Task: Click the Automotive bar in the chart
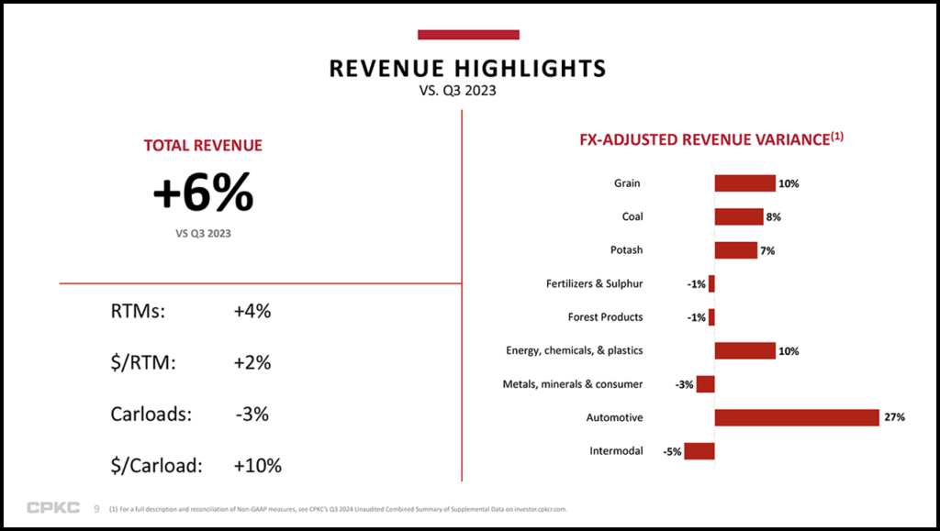tap(797, 417)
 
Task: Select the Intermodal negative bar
tap(699, 451)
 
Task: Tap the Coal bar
tap(739, 216)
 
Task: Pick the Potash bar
tap(736, 250)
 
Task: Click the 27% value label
tap(895, 417)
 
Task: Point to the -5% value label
tap(671, 451)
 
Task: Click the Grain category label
tap(628, 183)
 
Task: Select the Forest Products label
tap(605, 317)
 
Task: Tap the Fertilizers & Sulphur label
tap(594, 283)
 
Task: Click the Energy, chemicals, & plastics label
tap(575, 350)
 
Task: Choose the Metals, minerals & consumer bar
tap(706, 384)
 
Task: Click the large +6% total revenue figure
tap(203, 194)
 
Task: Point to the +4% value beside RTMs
tap(252, 311)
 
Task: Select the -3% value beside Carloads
tap(252, 414)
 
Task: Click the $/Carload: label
tap(156, 465)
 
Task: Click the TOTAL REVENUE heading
tap(203, 145)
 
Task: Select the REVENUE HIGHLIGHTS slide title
tap(468, 69)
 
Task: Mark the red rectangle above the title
tap(468, 35)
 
